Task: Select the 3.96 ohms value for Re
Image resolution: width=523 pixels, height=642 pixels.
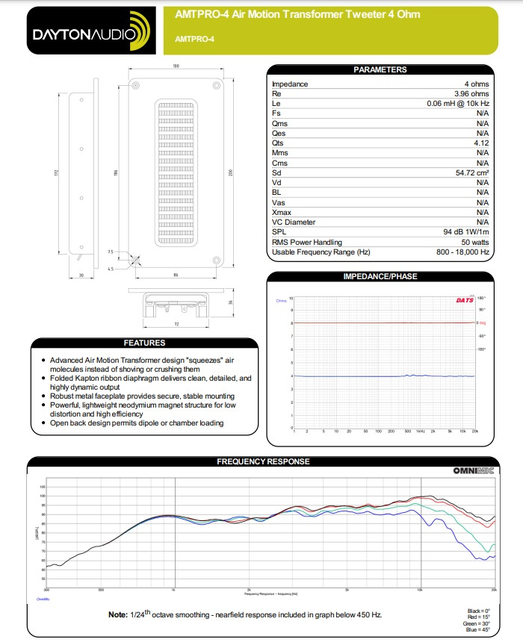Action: [471, 94]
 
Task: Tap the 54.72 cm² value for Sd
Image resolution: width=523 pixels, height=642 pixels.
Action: [471, 172]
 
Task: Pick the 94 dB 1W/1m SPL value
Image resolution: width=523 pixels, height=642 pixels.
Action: [465, 231]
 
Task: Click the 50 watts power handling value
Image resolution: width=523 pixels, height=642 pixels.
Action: [474, 242]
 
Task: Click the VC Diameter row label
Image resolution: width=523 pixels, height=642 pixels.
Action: [294, 222]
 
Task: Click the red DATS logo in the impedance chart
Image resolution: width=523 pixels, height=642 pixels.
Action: [465, 301]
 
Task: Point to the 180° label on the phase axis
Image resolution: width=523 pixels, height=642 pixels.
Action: [482, 298]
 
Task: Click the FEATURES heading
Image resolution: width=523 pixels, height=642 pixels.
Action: [145, 343]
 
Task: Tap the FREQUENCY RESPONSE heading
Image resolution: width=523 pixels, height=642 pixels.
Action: [263, 461]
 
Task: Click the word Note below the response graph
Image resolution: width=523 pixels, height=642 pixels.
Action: [118, 614]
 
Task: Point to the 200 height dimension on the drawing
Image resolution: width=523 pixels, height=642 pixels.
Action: [232, 173]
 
